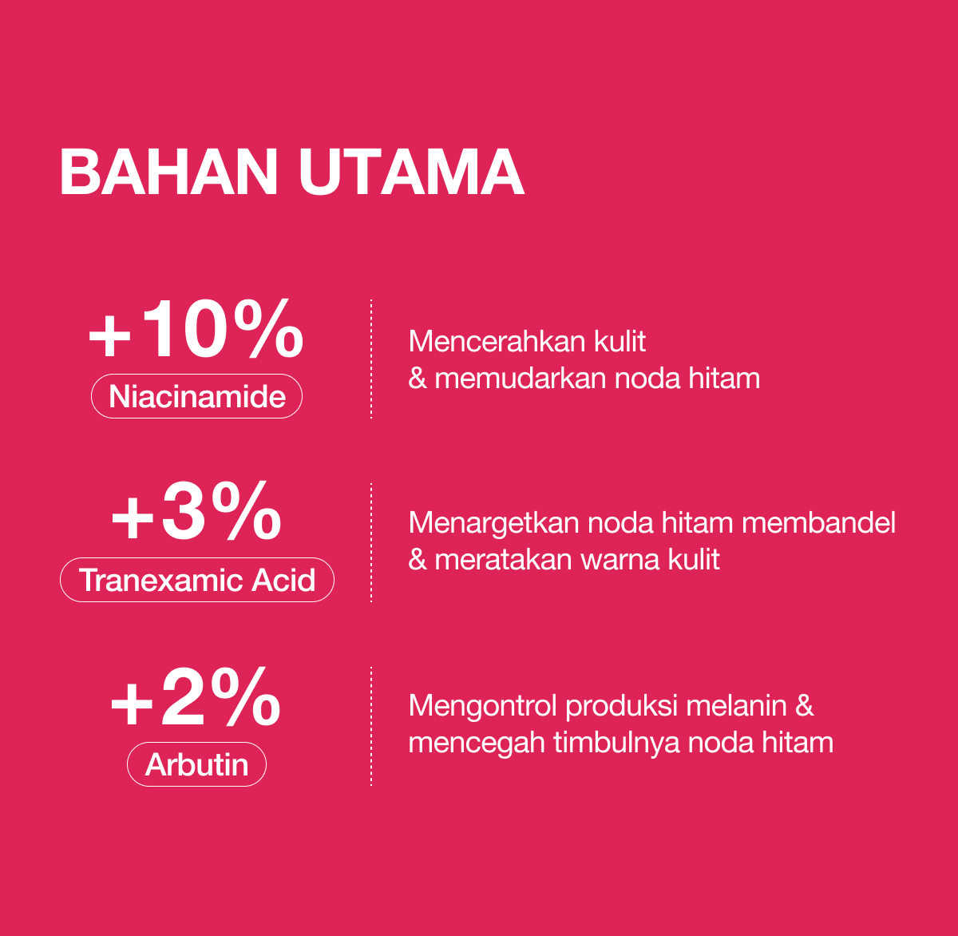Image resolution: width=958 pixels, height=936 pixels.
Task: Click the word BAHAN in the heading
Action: coord(169,173)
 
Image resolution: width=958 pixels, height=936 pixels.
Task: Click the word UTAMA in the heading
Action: coord(412,173)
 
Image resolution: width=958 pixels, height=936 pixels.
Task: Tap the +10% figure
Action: coord(196,328)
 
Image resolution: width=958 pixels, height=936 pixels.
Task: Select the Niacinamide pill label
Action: coord(197,396)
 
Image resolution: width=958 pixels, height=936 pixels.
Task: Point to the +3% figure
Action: coord(196,512)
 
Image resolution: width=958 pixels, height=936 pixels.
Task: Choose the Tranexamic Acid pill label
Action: coord(197,580)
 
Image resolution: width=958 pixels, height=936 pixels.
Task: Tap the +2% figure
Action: coord(196,696)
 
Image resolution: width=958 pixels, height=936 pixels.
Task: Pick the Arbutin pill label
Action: coord(197,764)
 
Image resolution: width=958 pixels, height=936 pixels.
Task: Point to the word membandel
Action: coord(818,522)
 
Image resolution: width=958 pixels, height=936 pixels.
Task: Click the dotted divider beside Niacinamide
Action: coord(371,359)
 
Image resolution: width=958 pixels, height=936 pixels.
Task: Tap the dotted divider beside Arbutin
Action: coord(371,726)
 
